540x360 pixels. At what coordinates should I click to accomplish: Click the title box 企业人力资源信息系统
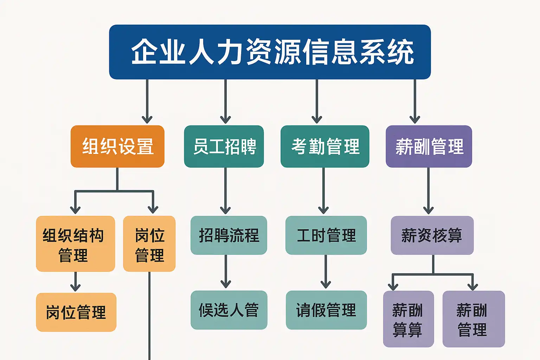[x=270, y=52]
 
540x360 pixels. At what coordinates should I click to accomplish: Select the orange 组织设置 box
[x=117, y=146]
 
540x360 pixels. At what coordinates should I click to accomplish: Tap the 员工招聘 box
[x=224, y=146]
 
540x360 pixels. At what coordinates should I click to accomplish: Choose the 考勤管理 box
[x=325, y=146]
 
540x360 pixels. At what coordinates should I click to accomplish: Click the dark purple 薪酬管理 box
[x=429, y=146]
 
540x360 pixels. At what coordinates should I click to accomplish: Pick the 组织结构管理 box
[x=75, y=244]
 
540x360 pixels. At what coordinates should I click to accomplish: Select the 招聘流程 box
[x=229, y=235]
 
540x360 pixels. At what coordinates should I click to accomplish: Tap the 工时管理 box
[x=326, y=235]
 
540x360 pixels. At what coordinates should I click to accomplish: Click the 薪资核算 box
[x=432, y=235]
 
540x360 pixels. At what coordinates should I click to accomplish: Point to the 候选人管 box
[x=229, y=310]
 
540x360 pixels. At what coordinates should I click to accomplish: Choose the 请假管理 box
[x=326, y=310]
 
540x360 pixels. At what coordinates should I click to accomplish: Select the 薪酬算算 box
[x=408, y=319]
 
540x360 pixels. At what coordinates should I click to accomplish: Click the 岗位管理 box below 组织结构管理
[x=76, y=312]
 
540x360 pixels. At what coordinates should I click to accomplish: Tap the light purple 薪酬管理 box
[x=474, y=319]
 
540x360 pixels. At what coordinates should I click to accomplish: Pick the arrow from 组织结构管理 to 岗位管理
[x=75, y=282]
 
